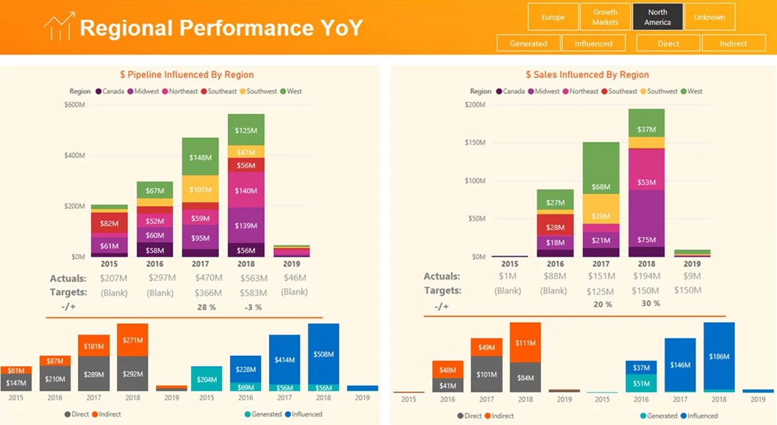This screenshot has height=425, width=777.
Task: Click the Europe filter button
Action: pyautogui.click(x=553, y=17)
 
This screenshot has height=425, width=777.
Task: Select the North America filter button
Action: pyautogui.click(x=657, y=17)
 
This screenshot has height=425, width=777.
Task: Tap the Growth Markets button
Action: pyautogui.click(x=605, y=17)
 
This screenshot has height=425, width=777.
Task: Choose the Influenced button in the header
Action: pyautogui.click(x=593, y=43)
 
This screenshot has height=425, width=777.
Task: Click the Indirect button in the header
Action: pyautogui.click(x=733, y=43)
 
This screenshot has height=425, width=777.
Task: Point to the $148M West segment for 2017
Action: pyautogui.click(x=200, y=157)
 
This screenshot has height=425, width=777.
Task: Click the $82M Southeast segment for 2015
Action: pyautogui.click(x=109, y=223)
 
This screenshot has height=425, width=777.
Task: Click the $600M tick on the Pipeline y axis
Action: pyautogui.click(x=74, y=104)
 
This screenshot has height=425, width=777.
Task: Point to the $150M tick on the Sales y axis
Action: pyautogui.click(x=474, y=143)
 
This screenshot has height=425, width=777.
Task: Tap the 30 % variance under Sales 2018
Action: pyautogui.click(x=651, y=303)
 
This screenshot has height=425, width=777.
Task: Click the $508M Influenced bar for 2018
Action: pyautogui.click(x=323, y=353)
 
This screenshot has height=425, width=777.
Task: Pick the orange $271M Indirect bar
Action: pyautogui.click(x=132, y=340)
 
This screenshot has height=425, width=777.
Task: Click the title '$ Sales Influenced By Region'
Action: pyautogui.click(x=587, y=74)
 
